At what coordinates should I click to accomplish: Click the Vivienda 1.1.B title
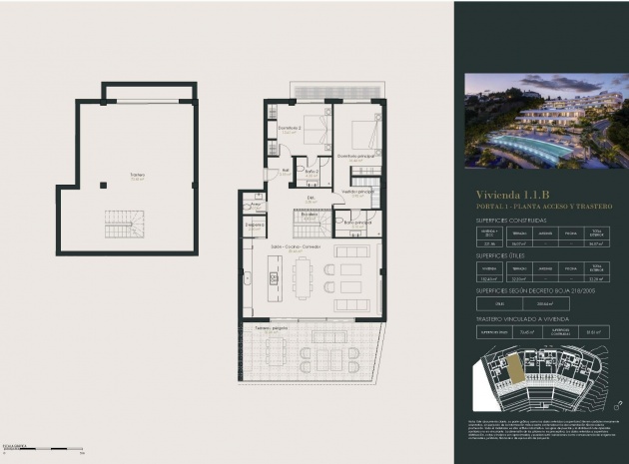pos(512,194)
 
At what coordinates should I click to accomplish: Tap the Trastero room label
pos(137,176)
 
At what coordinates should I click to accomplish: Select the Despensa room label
pos(255,226)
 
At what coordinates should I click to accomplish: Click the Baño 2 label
pos(312,172)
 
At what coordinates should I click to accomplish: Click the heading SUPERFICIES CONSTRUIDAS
pos(510,220)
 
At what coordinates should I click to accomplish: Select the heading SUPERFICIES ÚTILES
pos(498,255)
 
